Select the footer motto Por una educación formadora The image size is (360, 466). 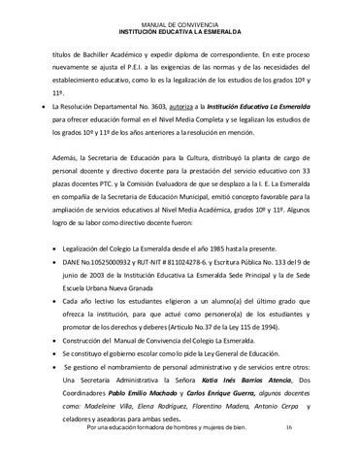pyautogui.click(x=147, y=454)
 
